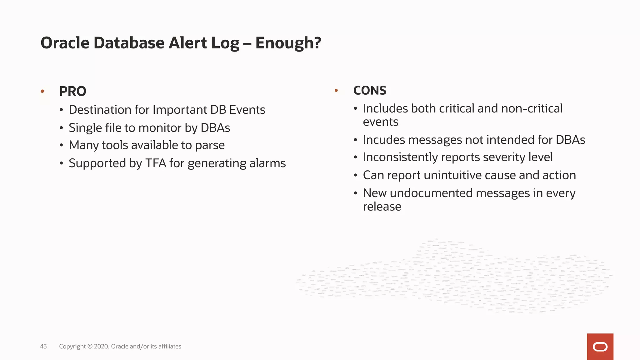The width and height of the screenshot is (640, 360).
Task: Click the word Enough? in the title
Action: (288, 43)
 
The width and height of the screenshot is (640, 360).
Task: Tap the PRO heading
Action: (72, 91)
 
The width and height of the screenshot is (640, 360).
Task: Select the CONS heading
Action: (370, 90)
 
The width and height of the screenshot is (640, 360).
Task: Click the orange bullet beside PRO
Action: (42, 91)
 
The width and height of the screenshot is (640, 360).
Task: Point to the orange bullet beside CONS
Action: (336, 90)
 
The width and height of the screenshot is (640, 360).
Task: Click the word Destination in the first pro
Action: (100, 110)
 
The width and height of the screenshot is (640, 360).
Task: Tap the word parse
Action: (210, 145)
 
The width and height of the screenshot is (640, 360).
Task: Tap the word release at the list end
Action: (382, 207)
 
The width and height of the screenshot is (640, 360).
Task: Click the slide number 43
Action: (43, 346)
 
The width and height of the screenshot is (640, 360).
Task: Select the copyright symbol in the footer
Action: (90, 346)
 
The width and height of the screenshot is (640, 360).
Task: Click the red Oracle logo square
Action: (600, 347)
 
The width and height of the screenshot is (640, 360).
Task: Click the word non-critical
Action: (532, 108)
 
